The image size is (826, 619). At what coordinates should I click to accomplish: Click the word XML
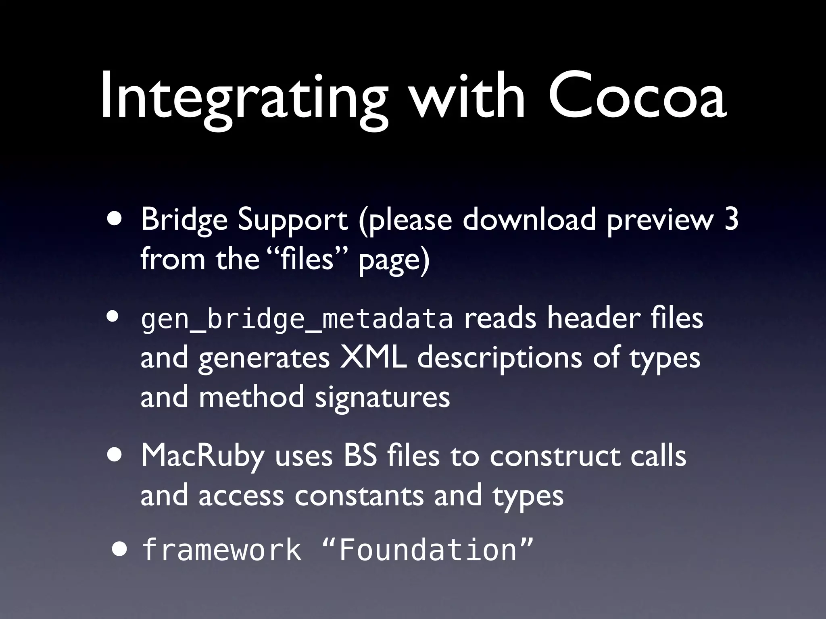point(373,358)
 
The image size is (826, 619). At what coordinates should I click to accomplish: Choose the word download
point(529,220)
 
